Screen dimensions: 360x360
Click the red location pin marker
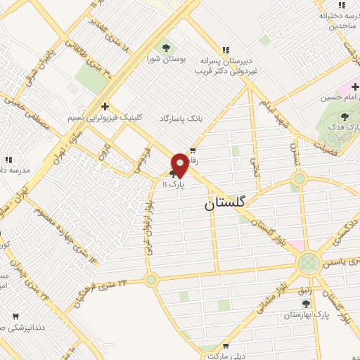(180, 165)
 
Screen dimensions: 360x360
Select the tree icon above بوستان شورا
(166, 48)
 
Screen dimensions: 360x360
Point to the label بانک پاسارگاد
(181, 118)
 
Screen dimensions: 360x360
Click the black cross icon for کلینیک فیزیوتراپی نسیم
(105, 107)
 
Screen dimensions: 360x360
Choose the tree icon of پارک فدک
(344, 117)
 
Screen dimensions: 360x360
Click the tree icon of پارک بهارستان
(306, 303)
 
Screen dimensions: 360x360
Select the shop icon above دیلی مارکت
(226, 346)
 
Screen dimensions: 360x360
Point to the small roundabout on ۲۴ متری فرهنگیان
(151, 280)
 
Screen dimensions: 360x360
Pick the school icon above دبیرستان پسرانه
(225, 50)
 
